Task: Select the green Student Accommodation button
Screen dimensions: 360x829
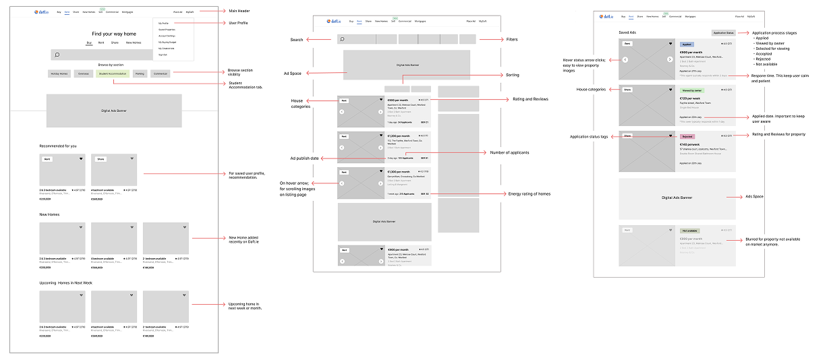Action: pos(113,73)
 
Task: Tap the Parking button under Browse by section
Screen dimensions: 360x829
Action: pos(140,73)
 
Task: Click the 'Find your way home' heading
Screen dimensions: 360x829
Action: pos(114,34)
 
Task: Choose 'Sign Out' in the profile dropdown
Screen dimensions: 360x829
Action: pos(163,55)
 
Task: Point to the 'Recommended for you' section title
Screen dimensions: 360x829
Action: pos(58,146)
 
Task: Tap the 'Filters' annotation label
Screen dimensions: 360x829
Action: pos(512,40)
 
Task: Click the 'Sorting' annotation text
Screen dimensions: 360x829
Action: pos(513,75)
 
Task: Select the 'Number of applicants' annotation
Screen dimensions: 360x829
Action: pos(509,152)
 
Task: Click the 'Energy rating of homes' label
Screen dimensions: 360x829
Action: pos(531,193)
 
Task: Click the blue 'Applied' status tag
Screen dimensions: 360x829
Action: pos(687,44)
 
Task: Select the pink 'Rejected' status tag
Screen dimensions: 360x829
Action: pos(687,136)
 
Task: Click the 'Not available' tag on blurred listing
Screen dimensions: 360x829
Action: pos(689,231)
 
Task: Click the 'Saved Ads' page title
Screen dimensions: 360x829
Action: pos(627,32)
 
